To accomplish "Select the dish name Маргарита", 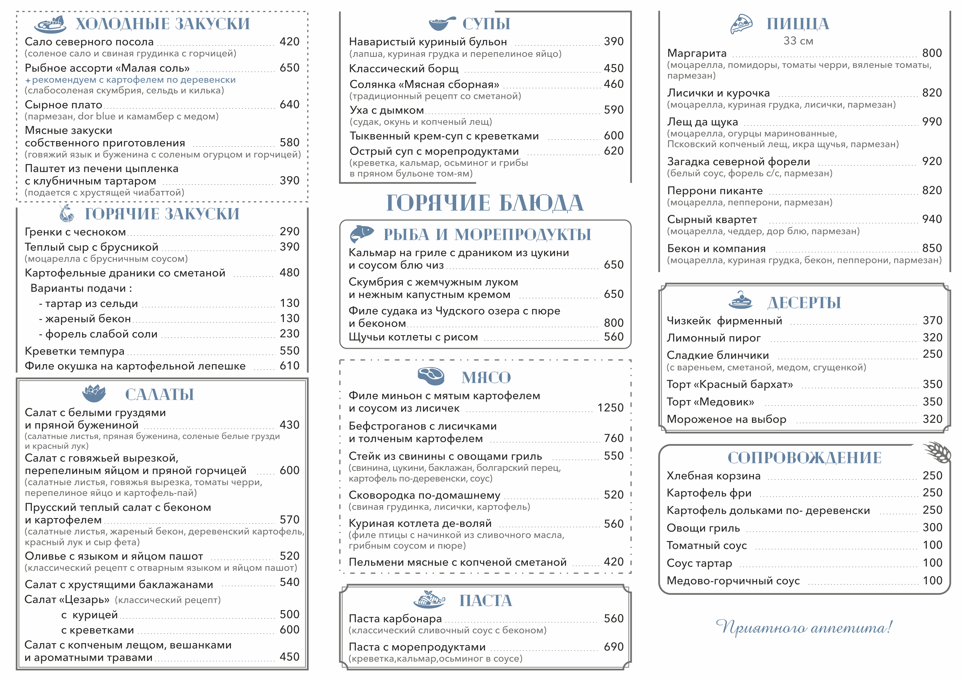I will [x=697, y=53].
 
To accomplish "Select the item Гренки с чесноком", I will [x=75, y=232].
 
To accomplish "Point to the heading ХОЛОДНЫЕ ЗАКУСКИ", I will [x=162, y=24].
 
